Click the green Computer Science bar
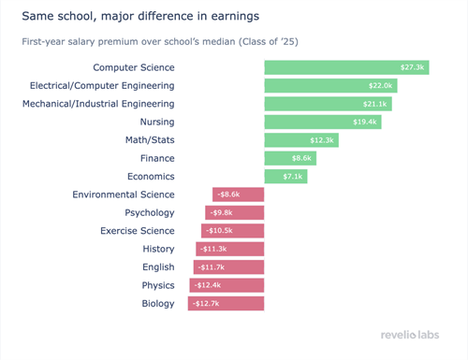tap(346, 67)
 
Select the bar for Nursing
tap(323, 122)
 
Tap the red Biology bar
tap(226, 303)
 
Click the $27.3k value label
tap(414, 67)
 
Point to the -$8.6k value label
tap(227, 194)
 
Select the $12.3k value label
tap(322, 140)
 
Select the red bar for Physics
tap(227, 285)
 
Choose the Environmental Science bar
tap(239, 194)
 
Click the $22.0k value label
tap(383, 85)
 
